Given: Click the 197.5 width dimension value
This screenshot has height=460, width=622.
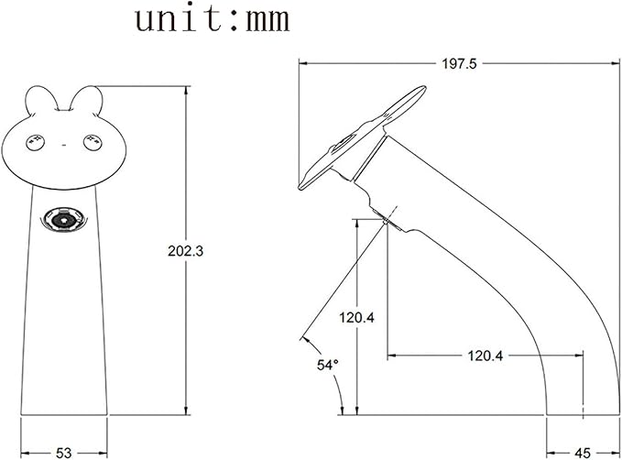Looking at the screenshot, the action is pos(459,63).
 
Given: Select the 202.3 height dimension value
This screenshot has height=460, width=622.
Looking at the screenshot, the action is pos(185,251).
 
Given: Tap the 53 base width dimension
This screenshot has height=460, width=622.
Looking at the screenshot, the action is pos(63,453).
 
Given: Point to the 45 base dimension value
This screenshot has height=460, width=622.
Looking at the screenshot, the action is pos(583,453).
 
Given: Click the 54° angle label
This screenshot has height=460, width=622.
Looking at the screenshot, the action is pos(328,365).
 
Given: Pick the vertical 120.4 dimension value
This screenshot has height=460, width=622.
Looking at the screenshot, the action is pos(356,317).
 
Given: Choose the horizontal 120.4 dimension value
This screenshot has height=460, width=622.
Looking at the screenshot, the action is pos(486,356).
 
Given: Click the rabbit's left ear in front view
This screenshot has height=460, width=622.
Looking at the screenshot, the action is pos(41,98).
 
